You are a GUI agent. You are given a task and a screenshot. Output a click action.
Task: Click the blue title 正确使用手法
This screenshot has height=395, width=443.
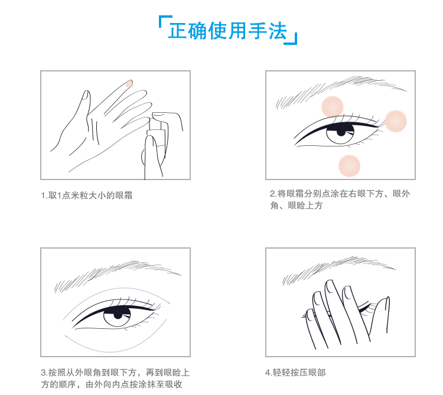[x=227, y=31]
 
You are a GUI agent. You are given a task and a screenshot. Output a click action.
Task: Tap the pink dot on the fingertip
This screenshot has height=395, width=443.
[x=129, y=84]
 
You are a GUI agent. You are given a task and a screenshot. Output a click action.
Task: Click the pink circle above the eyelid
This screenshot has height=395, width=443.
[x=332, y=107]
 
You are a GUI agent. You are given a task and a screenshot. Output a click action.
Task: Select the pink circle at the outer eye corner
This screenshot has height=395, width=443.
[x=396, y=121]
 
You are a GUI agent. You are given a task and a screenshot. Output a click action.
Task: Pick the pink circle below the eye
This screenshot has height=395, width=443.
[x=349, y=166]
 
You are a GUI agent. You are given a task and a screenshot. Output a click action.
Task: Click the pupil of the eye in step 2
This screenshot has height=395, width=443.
[x=341, y=132]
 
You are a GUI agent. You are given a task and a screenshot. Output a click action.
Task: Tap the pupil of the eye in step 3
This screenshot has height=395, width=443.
[x=118, y=314]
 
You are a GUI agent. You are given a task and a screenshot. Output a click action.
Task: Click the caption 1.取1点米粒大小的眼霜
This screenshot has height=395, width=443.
[x=87, y=195]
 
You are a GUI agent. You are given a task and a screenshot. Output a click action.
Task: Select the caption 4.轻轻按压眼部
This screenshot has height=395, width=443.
[x=295, y=373]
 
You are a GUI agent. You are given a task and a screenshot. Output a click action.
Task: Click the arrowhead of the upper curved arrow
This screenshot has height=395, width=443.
[x=169, y=302]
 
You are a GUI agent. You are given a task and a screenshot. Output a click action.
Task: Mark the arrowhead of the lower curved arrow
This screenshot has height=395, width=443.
[x=66, y=336]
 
